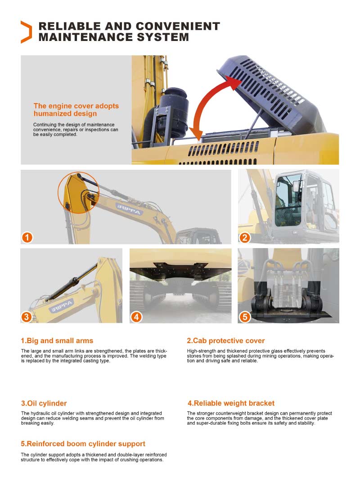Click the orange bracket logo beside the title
click(x=26, y=32)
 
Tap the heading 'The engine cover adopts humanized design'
click(x=76, y=109)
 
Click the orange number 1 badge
click(x=27, y=237)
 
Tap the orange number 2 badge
click(x=244, y=237)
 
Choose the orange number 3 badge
click(x=27, y=317)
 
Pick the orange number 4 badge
click(x=136, y=317)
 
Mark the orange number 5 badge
click(x=244, y=317)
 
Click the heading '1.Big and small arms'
click(x=57, y=340)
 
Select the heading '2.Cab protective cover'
click(x=225, y=340)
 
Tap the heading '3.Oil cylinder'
click(x=44, y=403)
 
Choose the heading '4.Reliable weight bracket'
click(x=230, y=403)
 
